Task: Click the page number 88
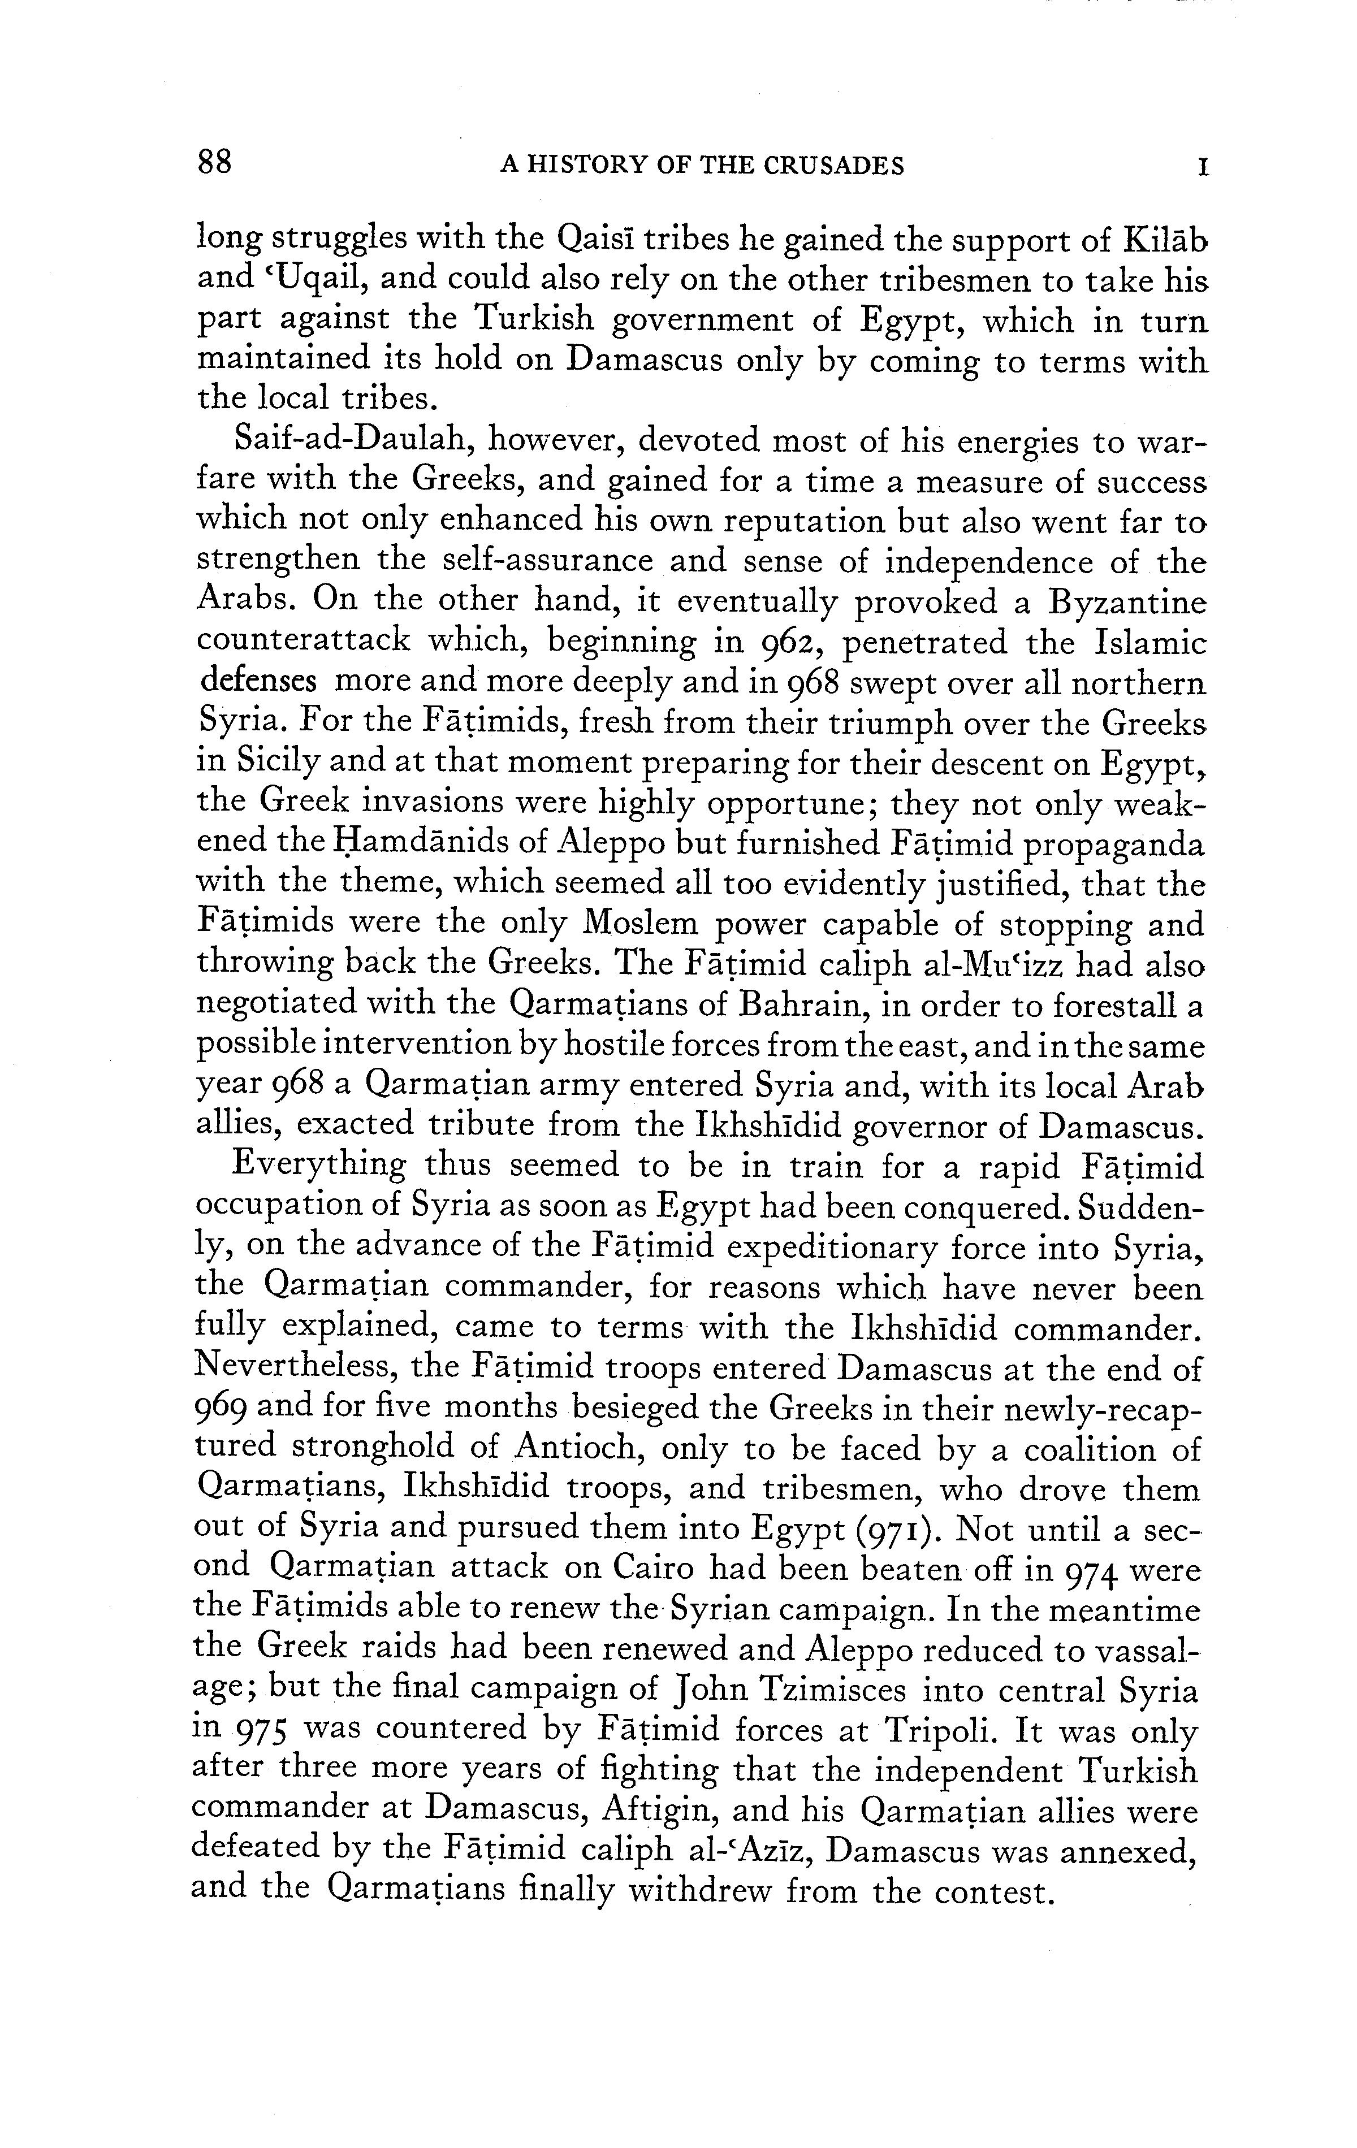215,163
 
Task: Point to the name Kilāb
1165,240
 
